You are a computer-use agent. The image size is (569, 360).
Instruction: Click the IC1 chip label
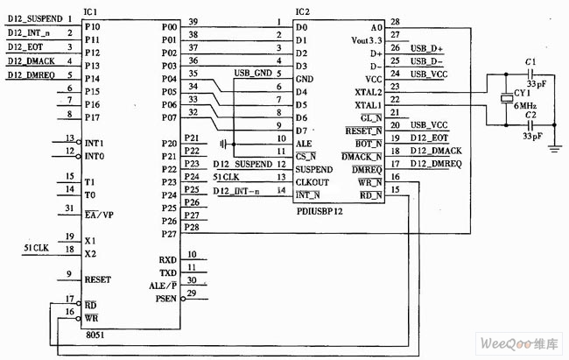tap(90, 11)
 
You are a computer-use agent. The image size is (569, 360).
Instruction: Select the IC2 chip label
tap(302, 11)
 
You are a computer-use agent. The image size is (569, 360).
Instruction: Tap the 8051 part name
tap(96, 334)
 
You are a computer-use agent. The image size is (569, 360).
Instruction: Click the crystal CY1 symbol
tap(504, 99)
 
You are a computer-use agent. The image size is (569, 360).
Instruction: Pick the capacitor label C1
tap(528, 62)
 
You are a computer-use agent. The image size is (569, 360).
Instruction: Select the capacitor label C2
tap(529, 115)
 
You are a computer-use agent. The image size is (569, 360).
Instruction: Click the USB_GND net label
tap(254, 72)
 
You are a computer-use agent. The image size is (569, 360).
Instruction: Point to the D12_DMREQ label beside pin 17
tap(439, 165)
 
